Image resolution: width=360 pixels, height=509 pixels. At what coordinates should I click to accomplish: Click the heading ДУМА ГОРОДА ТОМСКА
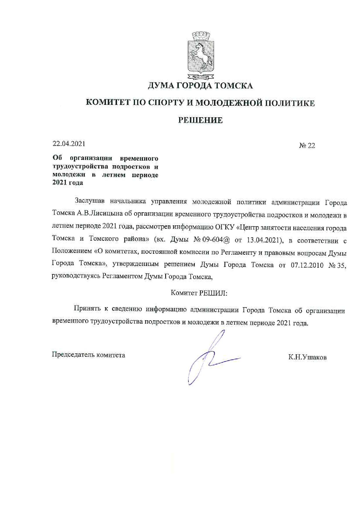[200, 86]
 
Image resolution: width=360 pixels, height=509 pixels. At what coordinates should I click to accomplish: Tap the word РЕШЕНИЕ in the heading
[200, 120]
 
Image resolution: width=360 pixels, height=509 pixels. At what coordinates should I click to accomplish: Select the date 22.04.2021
[69, 144]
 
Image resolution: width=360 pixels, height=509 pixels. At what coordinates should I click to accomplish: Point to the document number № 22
[307, 145]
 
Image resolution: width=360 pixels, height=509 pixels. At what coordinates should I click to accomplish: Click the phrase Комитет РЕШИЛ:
[199, 293]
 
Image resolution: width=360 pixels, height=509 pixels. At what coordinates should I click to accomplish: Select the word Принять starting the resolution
[87, 310]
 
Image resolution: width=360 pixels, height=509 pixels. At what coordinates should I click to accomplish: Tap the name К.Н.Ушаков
[307, 357]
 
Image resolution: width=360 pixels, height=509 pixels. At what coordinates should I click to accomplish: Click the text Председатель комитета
[89, 355]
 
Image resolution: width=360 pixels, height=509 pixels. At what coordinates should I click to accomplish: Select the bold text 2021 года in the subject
[68, 183]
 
